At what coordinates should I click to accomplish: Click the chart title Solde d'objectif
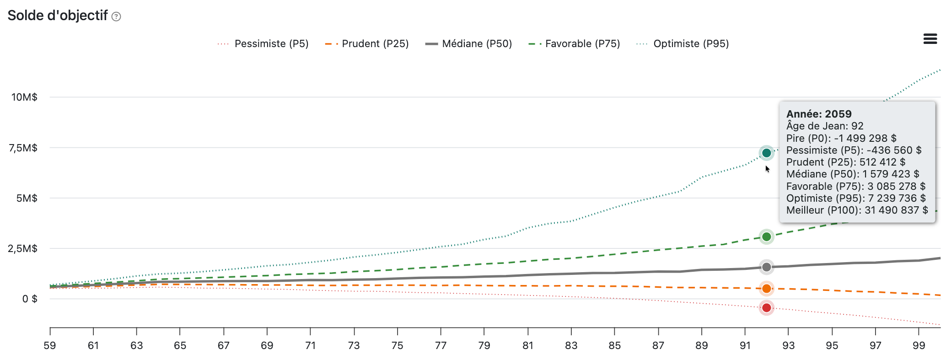(x=58, y=16)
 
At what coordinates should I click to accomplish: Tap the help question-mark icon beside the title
(x=117, y=17)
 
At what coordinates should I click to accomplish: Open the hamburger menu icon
(x=930, y=39)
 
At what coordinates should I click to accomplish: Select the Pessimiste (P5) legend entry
(x=263, y=44)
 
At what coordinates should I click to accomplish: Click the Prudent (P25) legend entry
(x=367, y=44)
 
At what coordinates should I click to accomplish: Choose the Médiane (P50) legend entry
(x=468, y=44)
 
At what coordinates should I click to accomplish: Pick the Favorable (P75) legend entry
(x=574, y=44)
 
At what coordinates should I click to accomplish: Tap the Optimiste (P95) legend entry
(x=683, y=44)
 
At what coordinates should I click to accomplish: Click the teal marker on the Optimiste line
(x=767, y=153)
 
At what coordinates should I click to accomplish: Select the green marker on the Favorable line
(x=767, y=236)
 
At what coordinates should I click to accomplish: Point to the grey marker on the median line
(x=767, y=267)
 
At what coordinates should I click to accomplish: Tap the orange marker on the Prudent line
(x=767, y=289)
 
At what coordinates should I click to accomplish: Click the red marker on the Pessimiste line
(x=767, y=308)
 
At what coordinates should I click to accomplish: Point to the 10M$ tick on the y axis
(x=24, y=97)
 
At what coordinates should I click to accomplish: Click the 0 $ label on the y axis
(x=30, y=299)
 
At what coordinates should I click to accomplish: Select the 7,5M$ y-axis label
(x=23, y=148)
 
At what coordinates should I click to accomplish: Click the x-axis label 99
(x=919, y=345)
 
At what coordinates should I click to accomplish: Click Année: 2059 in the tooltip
(x=819, y=114)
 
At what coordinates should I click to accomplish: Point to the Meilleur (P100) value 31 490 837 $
(x=896, y=210)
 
